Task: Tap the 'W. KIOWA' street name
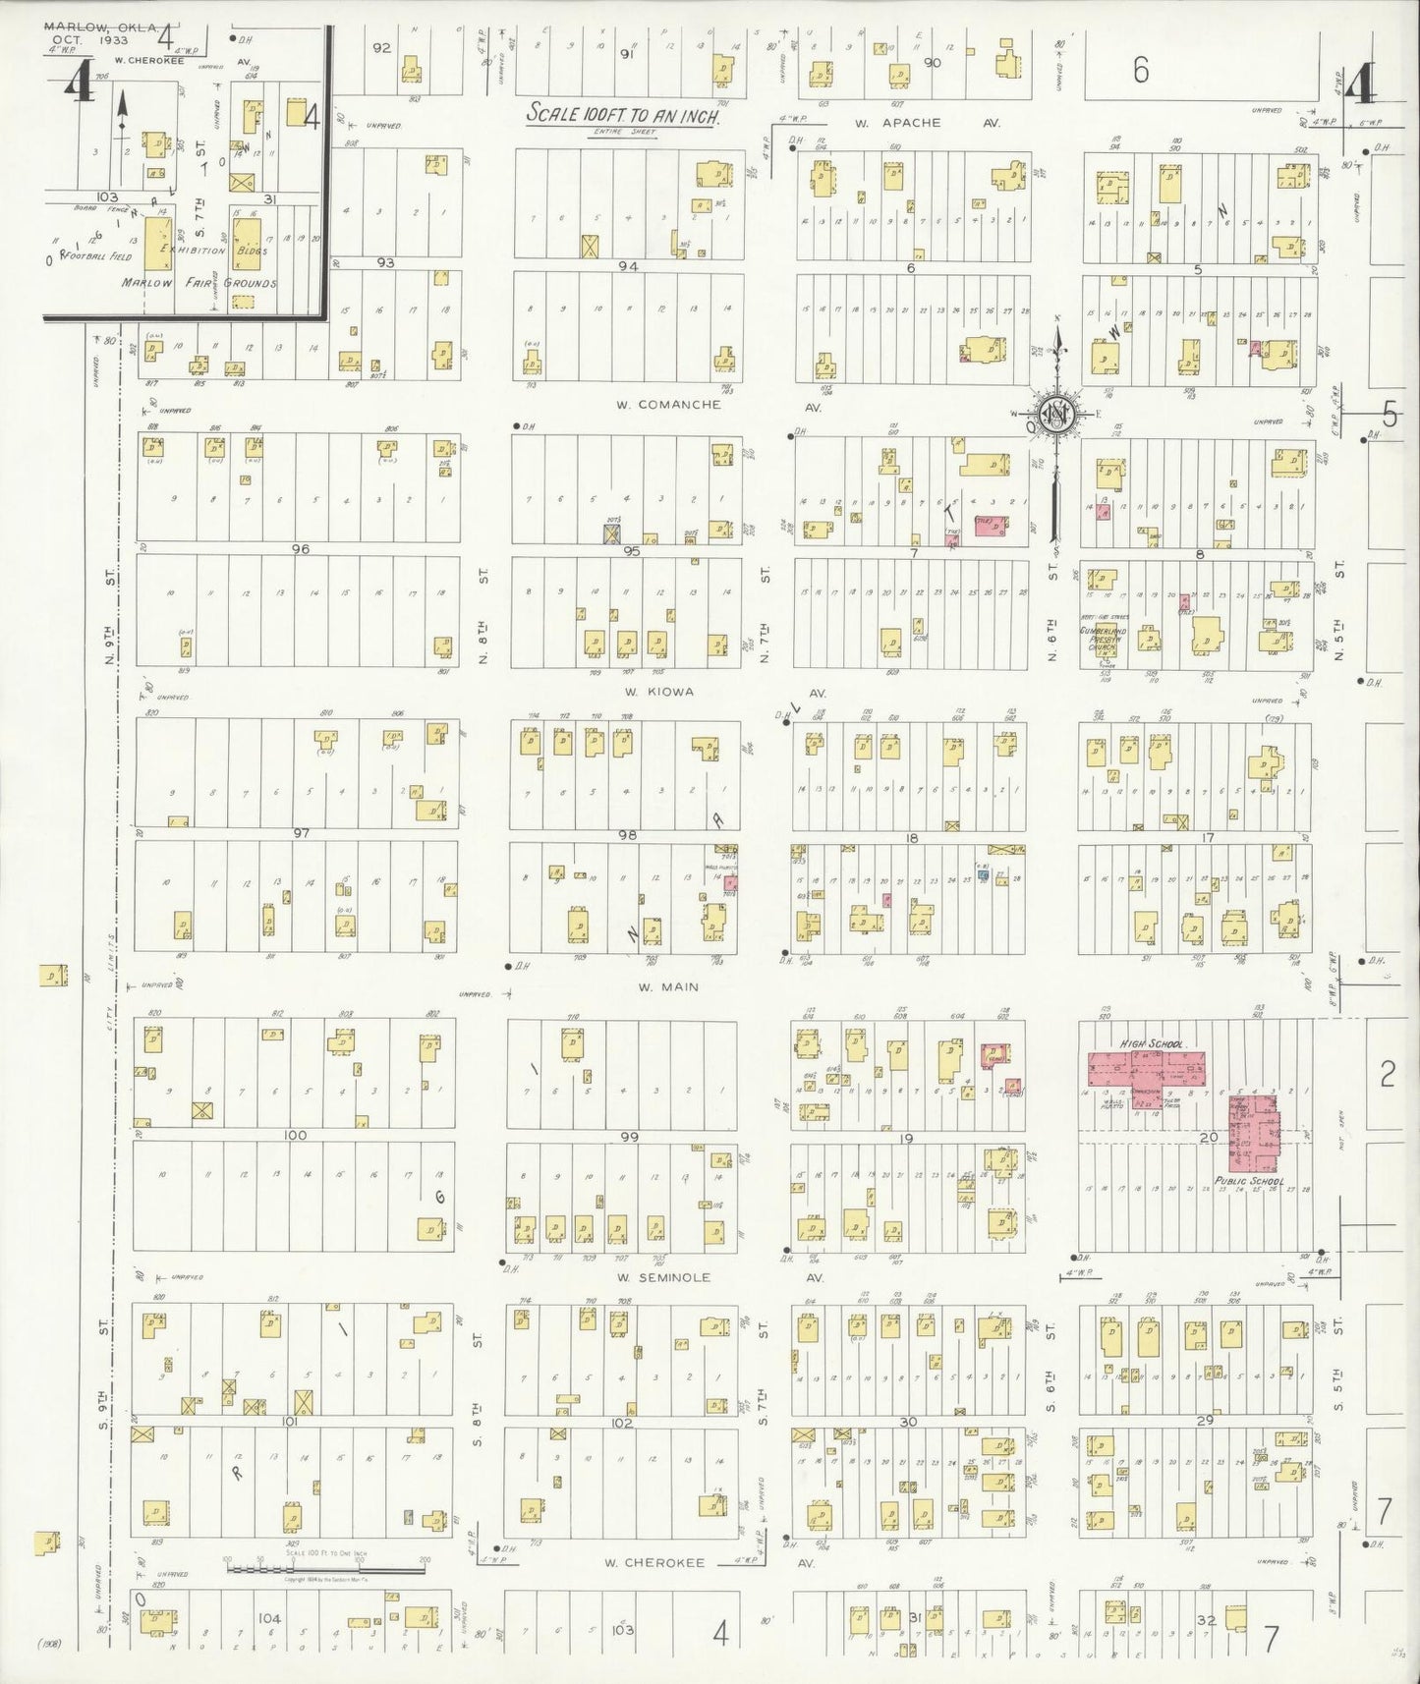(656, 691)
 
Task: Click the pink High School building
(1146, 1068)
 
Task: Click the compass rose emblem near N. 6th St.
(1054, 416)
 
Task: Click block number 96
(300, 548)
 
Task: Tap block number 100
(295, 1135)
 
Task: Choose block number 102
(621, 1422)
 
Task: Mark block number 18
(912, 838)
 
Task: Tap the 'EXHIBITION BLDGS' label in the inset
(208, 251)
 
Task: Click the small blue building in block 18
(982, 873)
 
